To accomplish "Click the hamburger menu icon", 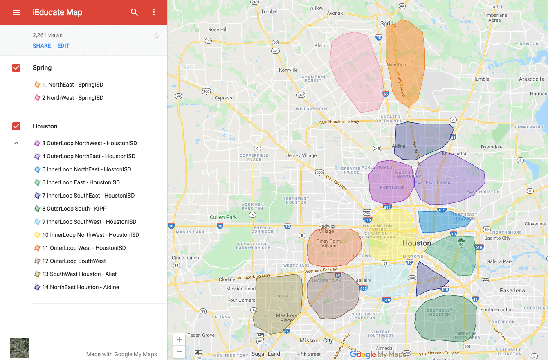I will pos(16,12).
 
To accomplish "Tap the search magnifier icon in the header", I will pos(134,12).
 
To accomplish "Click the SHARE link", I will pos(42,46).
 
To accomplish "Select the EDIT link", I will pos(63,46).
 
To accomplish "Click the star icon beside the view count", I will pos(156,36).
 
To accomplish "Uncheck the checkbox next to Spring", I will pos(16,68).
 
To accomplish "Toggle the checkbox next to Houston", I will pos(16,126).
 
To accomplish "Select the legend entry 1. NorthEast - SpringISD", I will pos(72,85).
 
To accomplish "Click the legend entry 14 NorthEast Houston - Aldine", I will pos(80,287).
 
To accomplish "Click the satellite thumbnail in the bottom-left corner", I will pos(20,348).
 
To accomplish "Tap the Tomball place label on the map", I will pos(270,11).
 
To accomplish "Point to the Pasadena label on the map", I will pos(512,290).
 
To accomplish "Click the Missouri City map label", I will pos(316,340).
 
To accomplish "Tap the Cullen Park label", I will pos(223,217).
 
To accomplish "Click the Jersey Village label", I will pos(301,155).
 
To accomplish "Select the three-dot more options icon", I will pos(154,12).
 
